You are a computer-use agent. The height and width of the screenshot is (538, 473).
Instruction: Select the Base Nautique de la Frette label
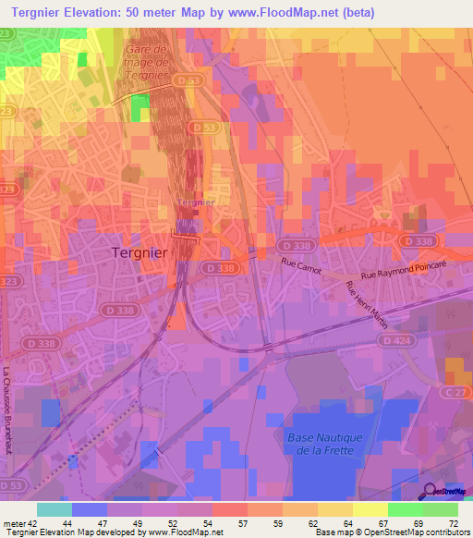coord(326,443)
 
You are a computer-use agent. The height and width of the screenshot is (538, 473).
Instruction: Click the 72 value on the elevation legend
coord(454,523)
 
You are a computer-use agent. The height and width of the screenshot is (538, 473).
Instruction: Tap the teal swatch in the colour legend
coord(54,509)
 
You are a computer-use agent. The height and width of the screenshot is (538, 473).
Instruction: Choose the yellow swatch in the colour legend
coord(370,509)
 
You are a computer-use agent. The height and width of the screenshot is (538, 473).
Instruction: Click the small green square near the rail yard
coord(139,107)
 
